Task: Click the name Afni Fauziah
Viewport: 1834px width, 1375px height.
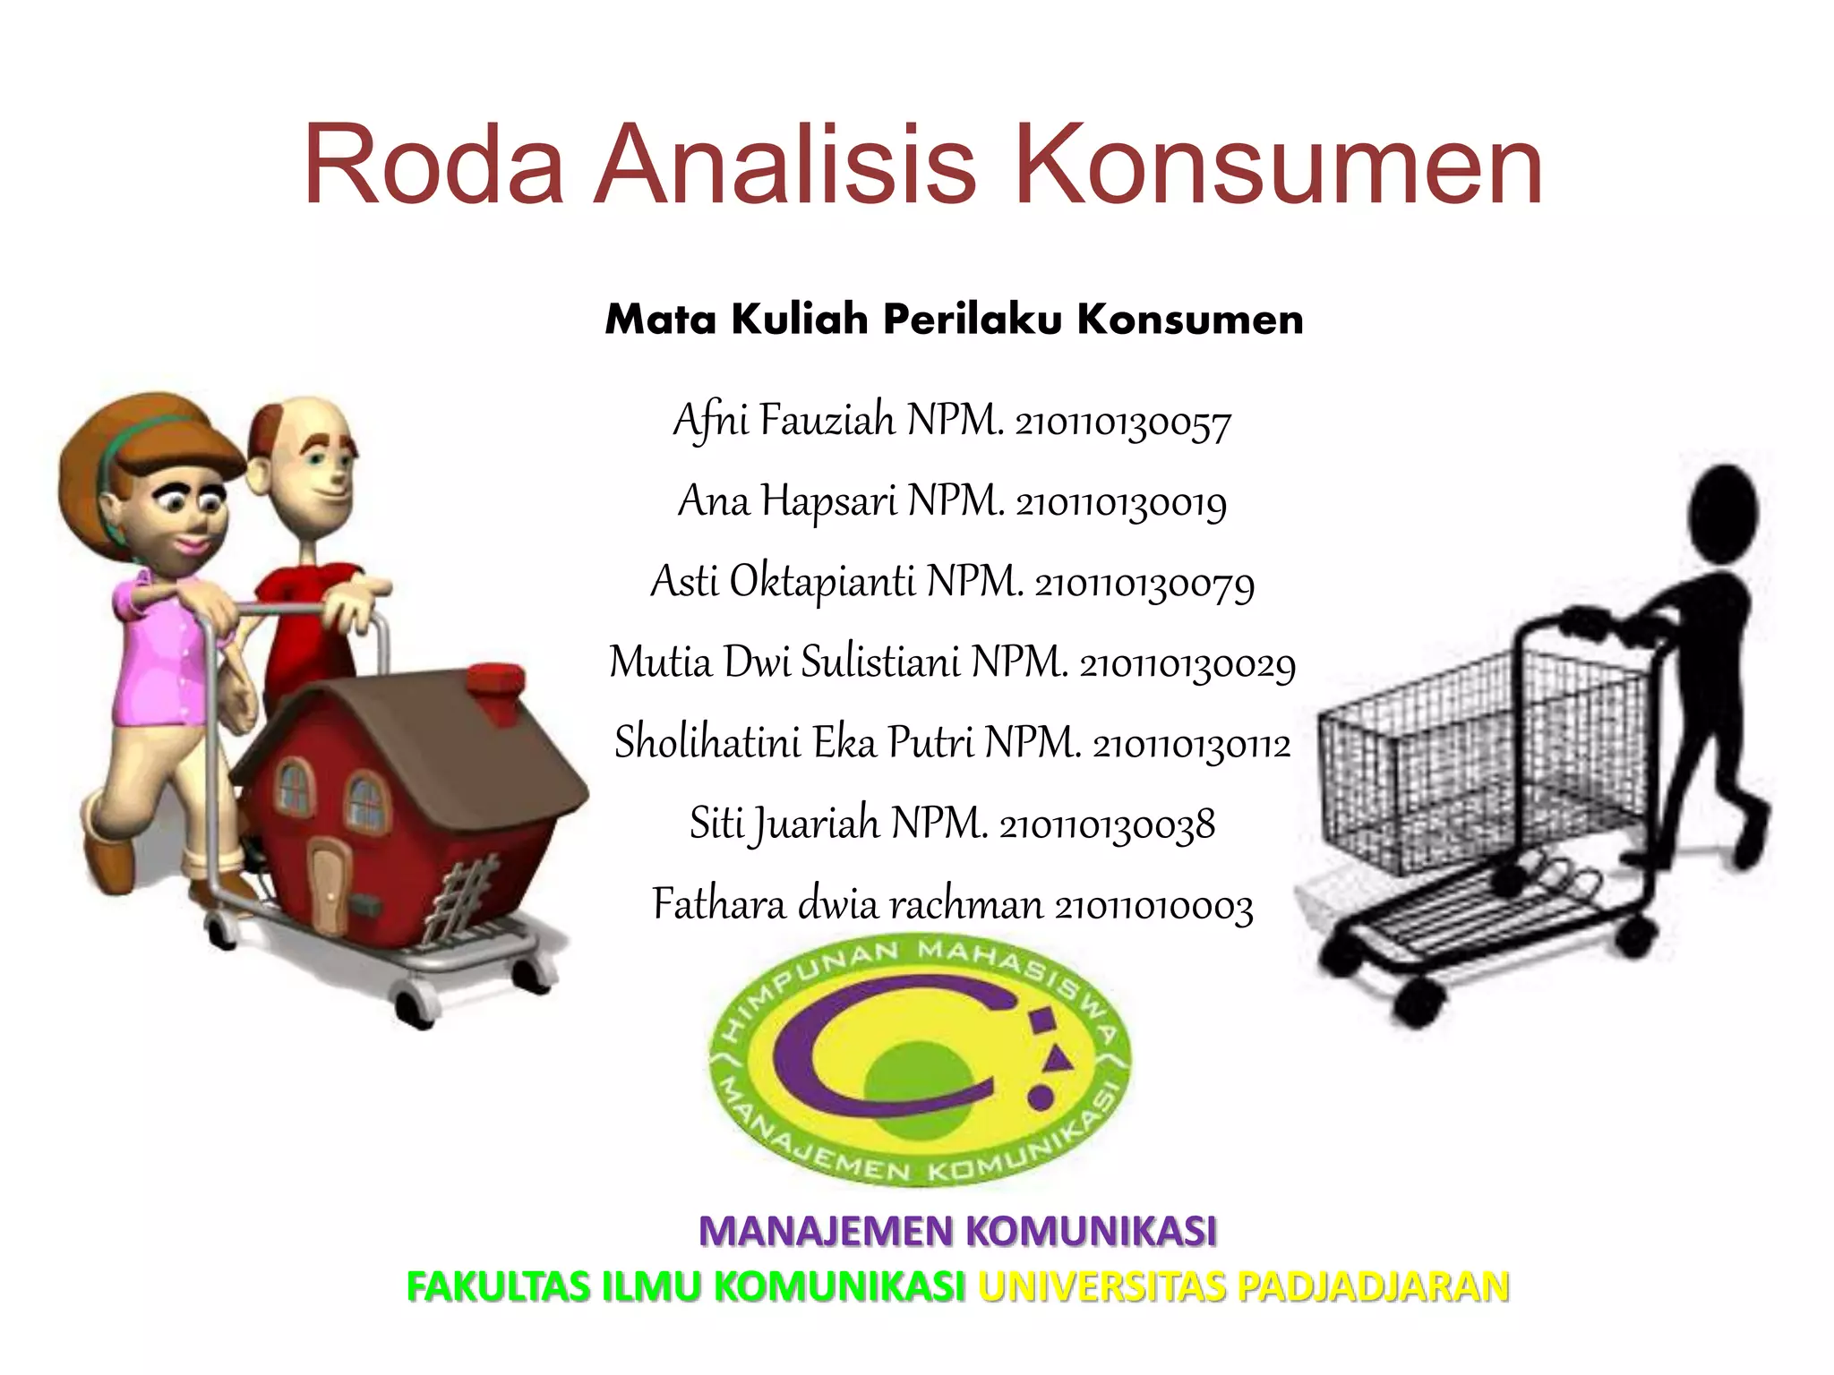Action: click(x=784, y=420)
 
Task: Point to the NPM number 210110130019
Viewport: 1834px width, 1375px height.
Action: click(x=1121, y=503)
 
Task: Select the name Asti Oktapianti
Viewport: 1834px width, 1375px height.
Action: click(x=783, y=582)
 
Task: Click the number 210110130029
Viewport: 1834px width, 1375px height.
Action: click(x=1187, y=664)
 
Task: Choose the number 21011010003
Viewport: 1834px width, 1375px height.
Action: click(x=1153, y=906)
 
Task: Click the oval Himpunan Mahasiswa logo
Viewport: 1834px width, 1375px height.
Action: click(x=920, y=1062)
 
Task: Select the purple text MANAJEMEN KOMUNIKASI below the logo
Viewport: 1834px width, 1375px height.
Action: click(x=957, y=1231)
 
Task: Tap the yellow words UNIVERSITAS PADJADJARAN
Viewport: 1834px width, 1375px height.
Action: click(x=1244, y=1286)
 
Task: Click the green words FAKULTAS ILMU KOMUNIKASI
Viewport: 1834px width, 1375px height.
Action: click(x=686, y=1286)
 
